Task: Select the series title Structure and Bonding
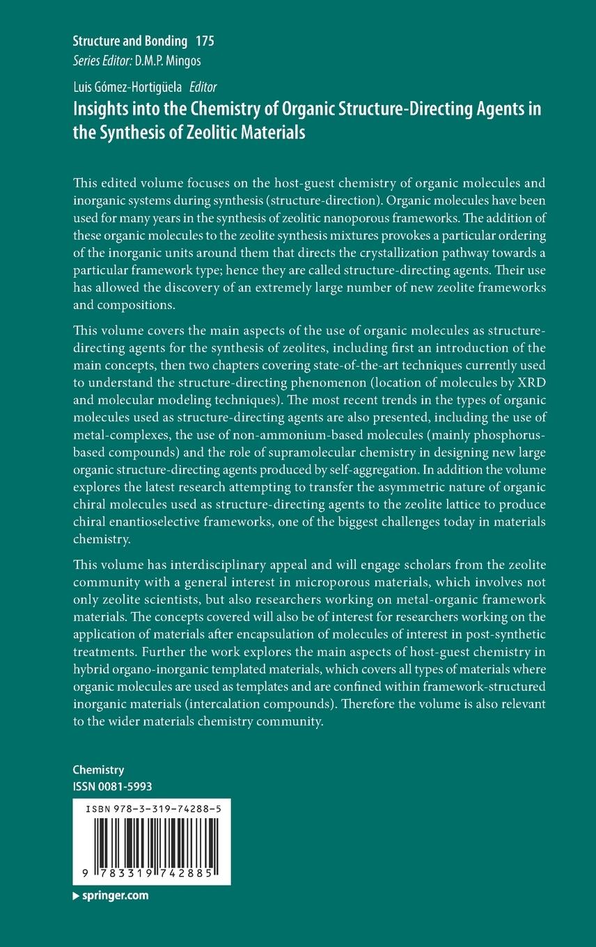pyautogui.click(x=130, y=42)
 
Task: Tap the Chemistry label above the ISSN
pyautogui.click(x=98, y=769)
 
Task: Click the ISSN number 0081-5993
pyautogui.click(x=126, y=786)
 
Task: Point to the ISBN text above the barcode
pyautogui.click(x=151, y=810)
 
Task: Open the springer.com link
pyautogui.click(x=113, y=895)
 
